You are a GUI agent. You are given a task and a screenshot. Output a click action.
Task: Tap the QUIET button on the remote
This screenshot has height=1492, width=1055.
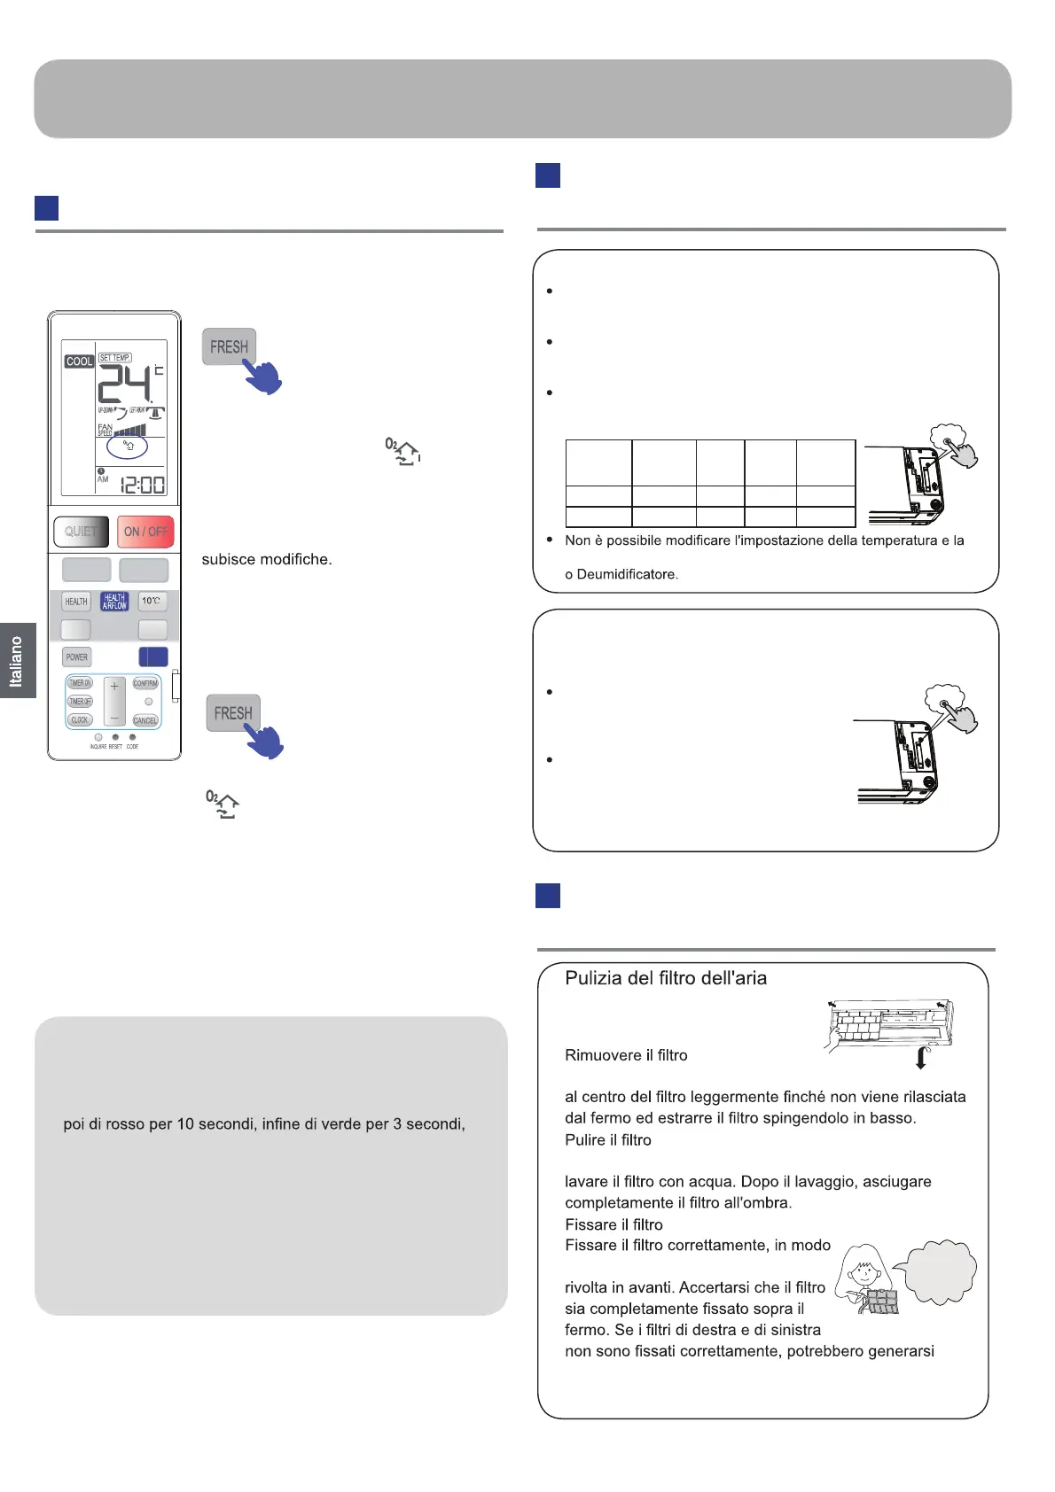tap(81, 532)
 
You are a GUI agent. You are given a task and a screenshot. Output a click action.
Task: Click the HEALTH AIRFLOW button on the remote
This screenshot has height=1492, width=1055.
tap(114, 602)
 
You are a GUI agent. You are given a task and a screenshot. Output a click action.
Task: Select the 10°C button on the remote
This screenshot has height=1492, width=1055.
tap(152, 602)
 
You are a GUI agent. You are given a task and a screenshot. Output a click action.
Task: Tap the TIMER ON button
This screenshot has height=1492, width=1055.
tap(80, 683)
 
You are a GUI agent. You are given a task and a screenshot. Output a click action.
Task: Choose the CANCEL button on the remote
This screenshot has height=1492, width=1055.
tap(145, 720)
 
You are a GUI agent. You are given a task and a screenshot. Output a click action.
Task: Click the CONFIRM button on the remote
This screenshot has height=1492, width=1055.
tap(145, 683)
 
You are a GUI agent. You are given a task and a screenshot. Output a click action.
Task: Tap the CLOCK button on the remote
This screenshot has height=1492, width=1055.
tap(80, 720)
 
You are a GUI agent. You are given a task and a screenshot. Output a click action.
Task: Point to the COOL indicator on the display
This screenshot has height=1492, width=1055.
tap(79, 361)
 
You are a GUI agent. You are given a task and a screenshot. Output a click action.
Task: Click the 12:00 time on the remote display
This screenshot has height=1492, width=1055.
tap(142, 486)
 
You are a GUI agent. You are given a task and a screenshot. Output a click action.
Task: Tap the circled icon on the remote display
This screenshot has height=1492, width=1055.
tap(128, 447)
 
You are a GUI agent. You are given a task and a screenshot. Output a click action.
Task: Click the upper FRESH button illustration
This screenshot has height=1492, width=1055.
tap(229, 347)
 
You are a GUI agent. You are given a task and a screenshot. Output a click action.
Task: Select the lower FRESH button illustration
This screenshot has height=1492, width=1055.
tap(233, 713)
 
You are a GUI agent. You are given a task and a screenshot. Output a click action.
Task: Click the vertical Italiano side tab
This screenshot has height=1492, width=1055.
tap(16, 661)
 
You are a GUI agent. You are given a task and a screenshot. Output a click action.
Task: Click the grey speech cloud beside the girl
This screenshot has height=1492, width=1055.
tap(938, 1271)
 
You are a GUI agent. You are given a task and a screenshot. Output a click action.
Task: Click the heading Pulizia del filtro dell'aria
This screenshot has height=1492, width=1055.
tap(666, 978)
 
